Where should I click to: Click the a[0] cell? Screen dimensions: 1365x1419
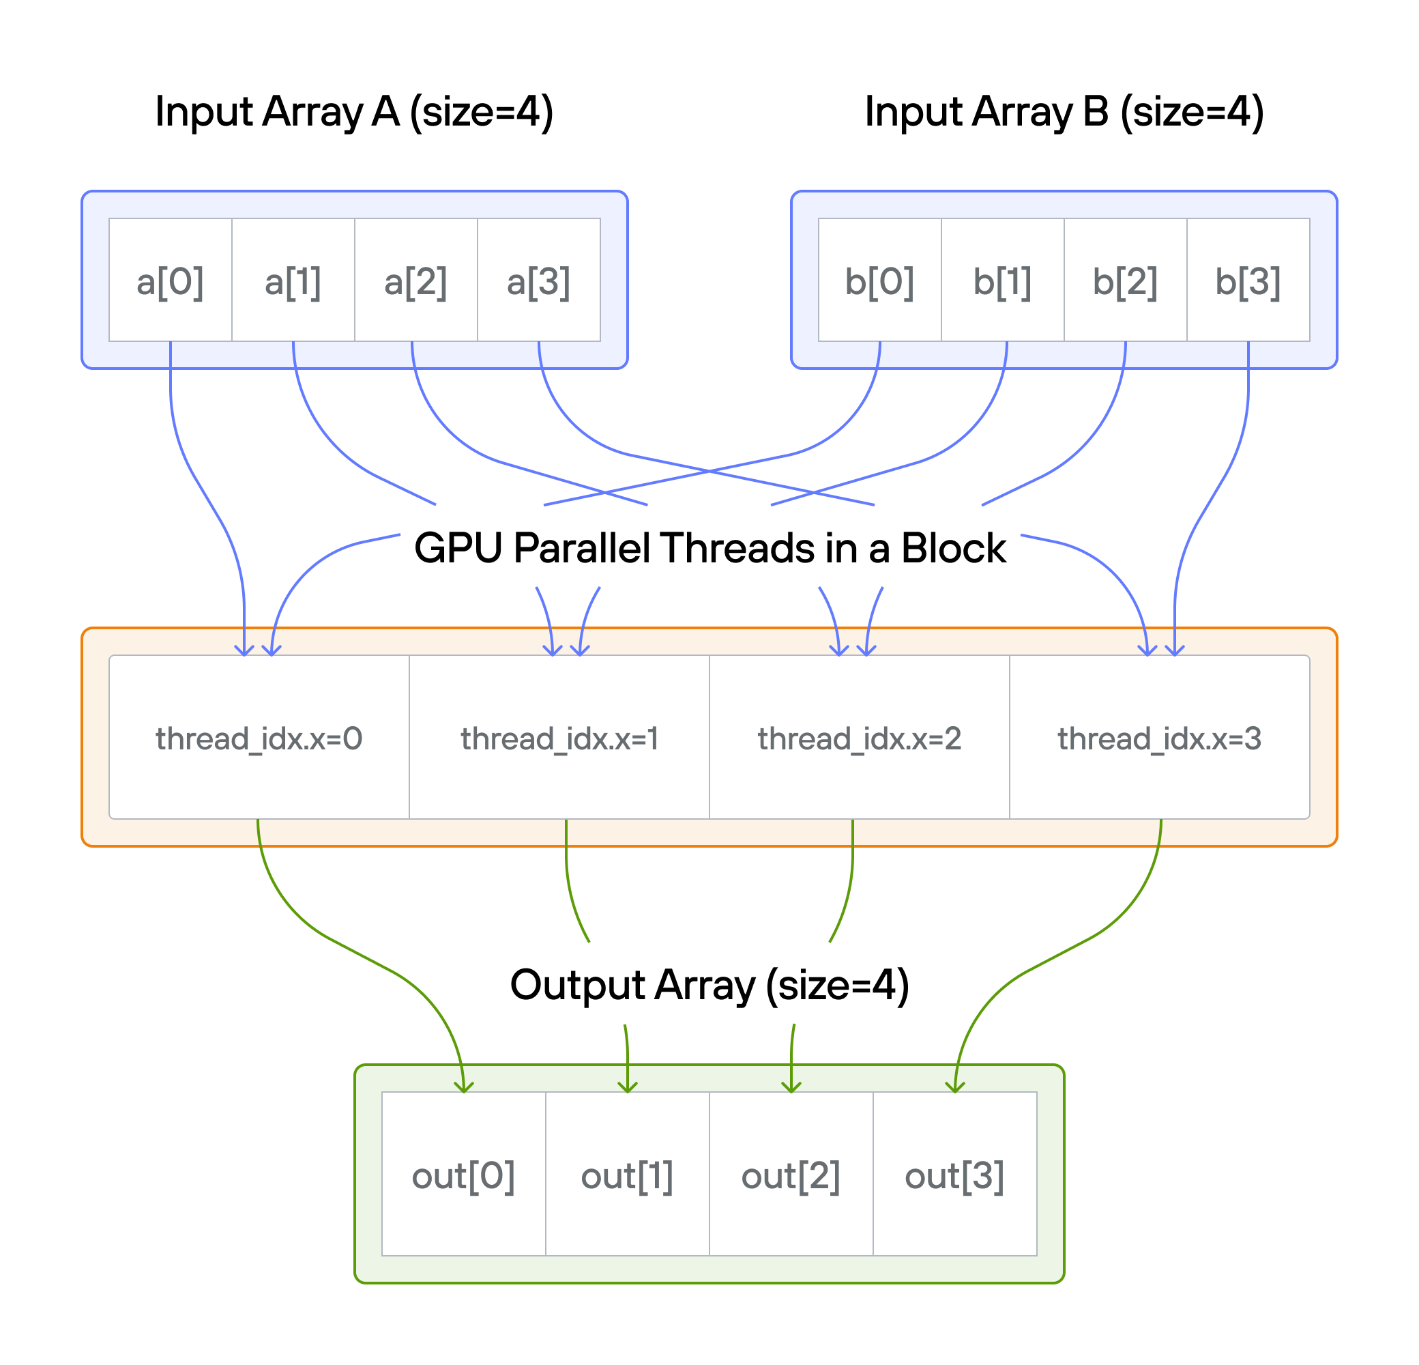click(x=170, y=280)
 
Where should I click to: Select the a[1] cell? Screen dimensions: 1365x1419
click(x=293, y=280)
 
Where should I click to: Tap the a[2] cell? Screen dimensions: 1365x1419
click(x=415, y=280)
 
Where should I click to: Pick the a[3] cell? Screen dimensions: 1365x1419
click(x=539, y=280)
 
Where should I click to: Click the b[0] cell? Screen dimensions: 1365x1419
click(x=879, y=280)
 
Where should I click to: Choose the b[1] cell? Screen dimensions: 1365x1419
click(x=1003, y=280)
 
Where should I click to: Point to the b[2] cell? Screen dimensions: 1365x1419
click(x=1125, y=280)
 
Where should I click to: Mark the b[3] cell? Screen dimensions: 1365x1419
click(x=1248, y=280)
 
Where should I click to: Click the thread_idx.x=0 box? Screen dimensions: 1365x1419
click(x=259, y=737)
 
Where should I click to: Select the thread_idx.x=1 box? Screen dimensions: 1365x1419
click(x=559, y=737)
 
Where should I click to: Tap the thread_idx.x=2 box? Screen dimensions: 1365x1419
click(x=860, y=737)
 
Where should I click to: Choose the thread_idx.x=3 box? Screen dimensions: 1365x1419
click(x=1159, y=737)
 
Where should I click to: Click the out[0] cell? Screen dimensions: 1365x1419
click(x=463, y=1175)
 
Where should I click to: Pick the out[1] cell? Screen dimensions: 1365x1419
click(x=627, y=1175)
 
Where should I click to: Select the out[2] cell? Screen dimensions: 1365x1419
click(x=791, y=1175)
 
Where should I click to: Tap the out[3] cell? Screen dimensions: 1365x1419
click(x=955, y=1175)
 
